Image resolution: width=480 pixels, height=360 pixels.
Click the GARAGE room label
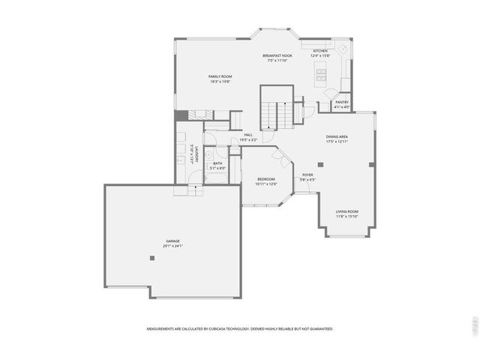pos(172,241)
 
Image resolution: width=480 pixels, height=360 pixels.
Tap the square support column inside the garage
pos(152,258)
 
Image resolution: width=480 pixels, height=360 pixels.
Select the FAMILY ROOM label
pos(220,76)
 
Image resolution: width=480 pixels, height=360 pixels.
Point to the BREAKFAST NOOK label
pos(277,55)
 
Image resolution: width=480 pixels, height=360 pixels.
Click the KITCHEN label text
pos(320,51)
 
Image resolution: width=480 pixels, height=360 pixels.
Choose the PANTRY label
pos(342,102)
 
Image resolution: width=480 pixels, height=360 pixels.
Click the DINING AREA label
pos(336,136)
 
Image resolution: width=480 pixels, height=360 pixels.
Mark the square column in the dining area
pos(320,164)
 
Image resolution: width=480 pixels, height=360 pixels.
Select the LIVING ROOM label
pos(346,211)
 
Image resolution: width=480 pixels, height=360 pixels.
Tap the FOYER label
pos(307,175)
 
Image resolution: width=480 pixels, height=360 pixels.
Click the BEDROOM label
pos(266,179)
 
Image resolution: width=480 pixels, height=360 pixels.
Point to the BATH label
pos(217,163)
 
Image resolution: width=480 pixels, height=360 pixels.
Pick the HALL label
pos(247,135)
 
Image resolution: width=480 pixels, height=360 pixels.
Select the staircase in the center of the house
pos(275,112)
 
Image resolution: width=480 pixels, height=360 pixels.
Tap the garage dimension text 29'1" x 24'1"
pos(172,246)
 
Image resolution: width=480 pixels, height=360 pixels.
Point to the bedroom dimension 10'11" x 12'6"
pos(266,184)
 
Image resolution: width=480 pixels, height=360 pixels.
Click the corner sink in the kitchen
pos(343,48)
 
